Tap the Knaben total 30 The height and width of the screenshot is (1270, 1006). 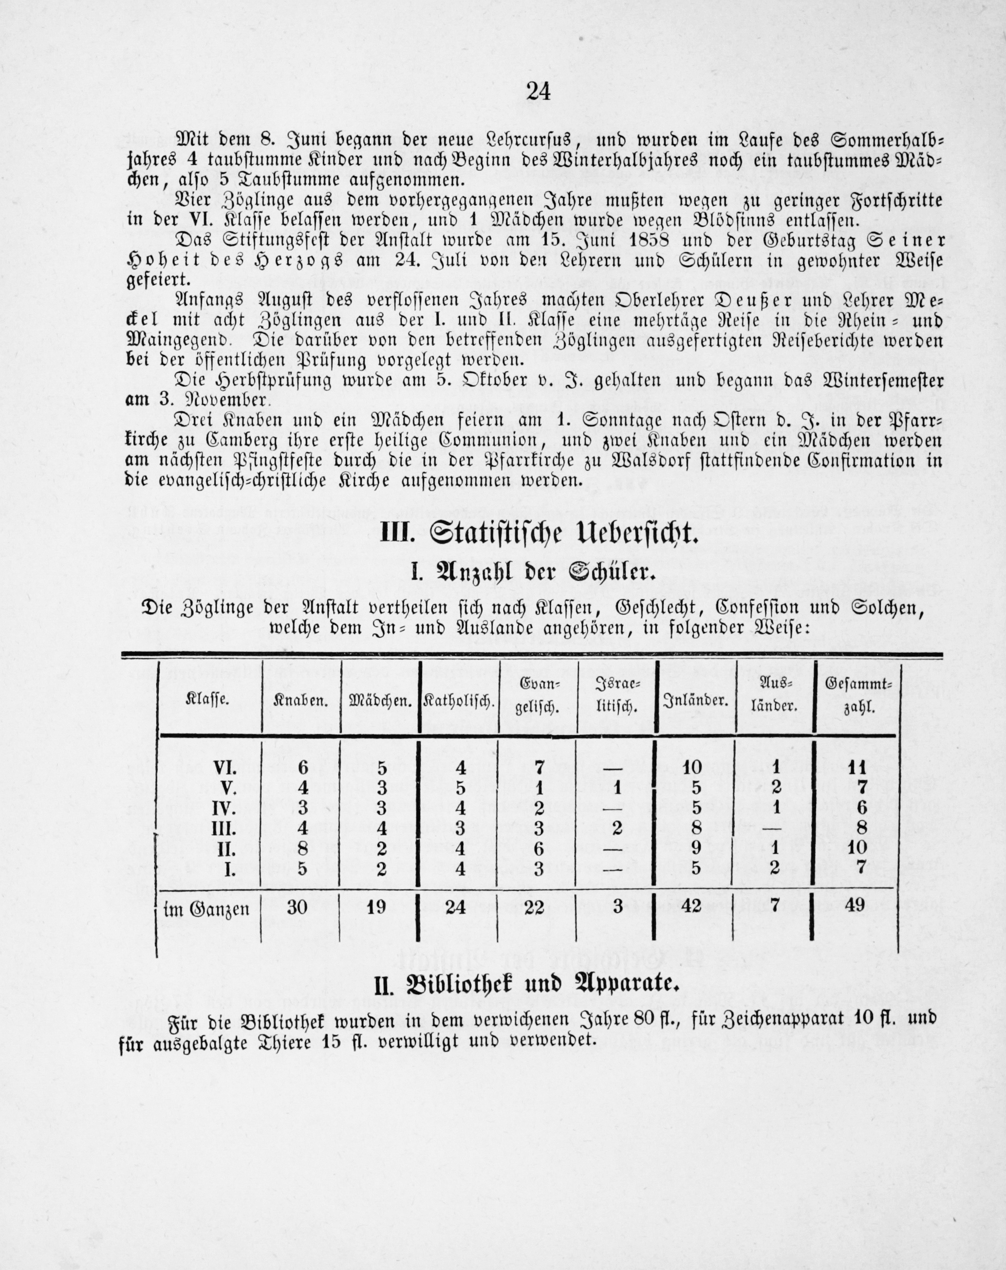click(298, 906)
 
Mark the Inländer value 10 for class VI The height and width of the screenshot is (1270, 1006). click(692, 768)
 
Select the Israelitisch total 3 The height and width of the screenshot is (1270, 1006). click(617, 905)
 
